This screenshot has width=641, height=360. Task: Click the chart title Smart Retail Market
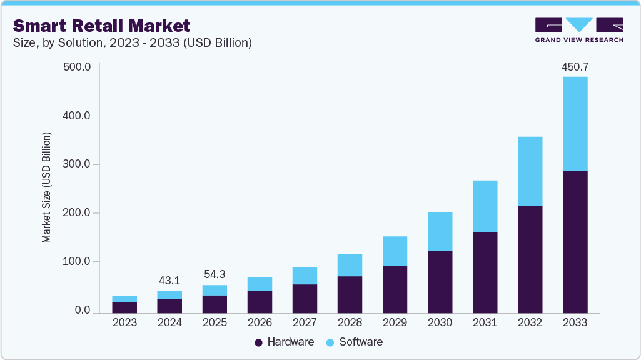(102, 26)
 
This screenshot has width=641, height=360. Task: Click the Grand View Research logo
(579, 29)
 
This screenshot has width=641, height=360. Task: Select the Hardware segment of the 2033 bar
(575, 241)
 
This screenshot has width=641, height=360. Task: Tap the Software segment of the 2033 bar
(575, 123)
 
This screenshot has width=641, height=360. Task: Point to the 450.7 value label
(575, 66)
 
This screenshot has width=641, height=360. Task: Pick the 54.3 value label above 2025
(215, 275)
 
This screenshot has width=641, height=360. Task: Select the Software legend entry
(355, 342)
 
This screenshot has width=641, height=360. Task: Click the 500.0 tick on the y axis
(78, 67)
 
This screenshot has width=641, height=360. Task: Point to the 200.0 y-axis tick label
(78, 213)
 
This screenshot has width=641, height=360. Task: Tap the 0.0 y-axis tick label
(83, 311)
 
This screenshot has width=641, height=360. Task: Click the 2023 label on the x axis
(124, 322)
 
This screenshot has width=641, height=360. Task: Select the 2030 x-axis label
(440, 322)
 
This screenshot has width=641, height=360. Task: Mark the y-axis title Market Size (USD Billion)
(47, 187)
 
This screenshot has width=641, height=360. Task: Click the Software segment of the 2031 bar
(485, 206)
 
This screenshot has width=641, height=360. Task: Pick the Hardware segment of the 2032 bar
(530, 259)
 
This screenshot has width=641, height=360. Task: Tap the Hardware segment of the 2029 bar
(395, 289)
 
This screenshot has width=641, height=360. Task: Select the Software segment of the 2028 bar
(350, 265)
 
